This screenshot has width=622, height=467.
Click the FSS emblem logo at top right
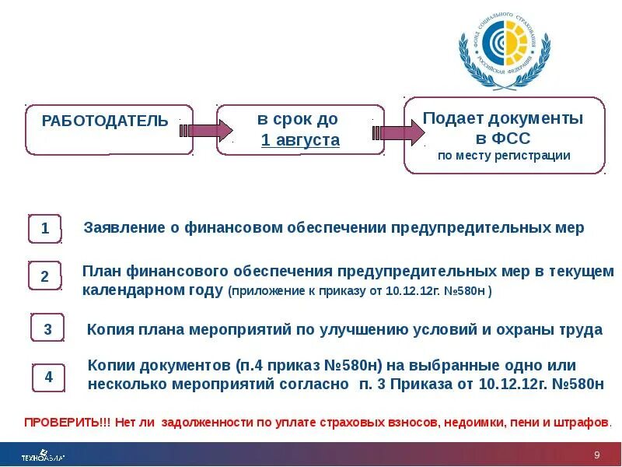pos(505,50)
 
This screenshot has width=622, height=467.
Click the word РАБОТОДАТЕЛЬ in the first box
pos(104,121)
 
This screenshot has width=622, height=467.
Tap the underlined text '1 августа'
pos(300,140)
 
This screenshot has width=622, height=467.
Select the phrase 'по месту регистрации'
pos(504,156)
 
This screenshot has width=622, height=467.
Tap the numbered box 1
pos(46,229)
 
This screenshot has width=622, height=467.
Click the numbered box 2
pos(45,276)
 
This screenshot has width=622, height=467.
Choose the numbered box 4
pos(49,377)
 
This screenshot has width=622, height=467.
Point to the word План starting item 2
pos(100,272)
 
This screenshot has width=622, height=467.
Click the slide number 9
pos(597,455)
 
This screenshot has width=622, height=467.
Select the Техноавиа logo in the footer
pos(43,455)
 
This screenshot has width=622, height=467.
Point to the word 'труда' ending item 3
pos(581,329)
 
